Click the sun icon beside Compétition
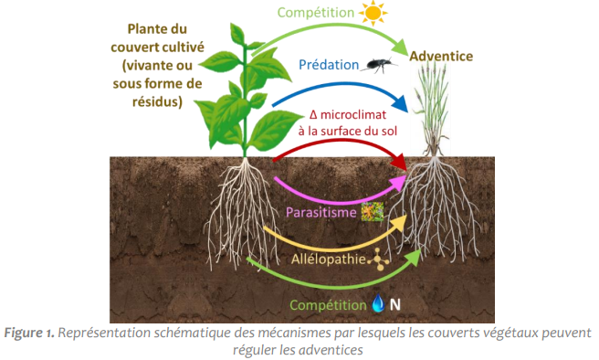(373, 14)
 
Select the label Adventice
(441, 56)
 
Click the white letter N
(396, 303)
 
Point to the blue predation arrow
(347, 90)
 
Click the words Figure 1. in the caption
(31, 333)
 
